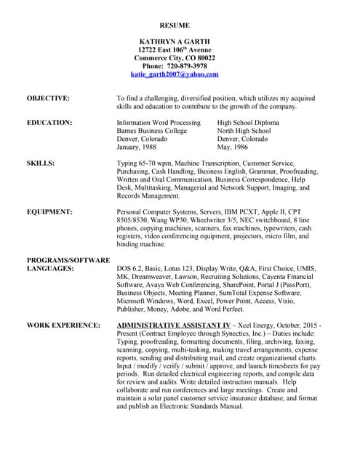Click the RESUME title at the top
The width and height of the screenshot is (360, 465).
click(175, 25)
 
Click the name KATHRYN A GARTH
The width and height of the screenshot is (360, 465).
click(175, 41)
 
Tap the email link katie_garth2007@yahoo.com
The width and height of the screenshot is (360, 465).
click(175, 74)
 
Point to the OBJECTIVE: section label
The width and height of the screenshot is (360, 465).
click(48, 97)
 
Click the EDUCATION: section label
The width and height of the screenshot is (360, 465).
click(49, 123)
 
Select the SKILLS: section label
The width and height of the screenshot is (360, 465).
click(41, 163)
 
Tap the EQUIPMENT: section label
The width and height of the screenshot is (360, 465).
click(49, 212)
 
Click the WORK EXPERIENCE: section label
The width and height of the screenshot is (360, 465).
click(63, 325)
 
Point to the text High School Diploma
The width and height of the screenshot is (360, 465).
click(248, 123)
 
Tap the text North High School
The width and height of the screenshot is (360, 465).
click(245, 131)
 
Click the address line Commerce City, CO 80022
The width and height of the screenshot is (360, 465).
click(175, 57)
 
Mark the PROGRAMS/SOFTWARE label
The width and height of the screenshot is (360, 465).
click(68, 260)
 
